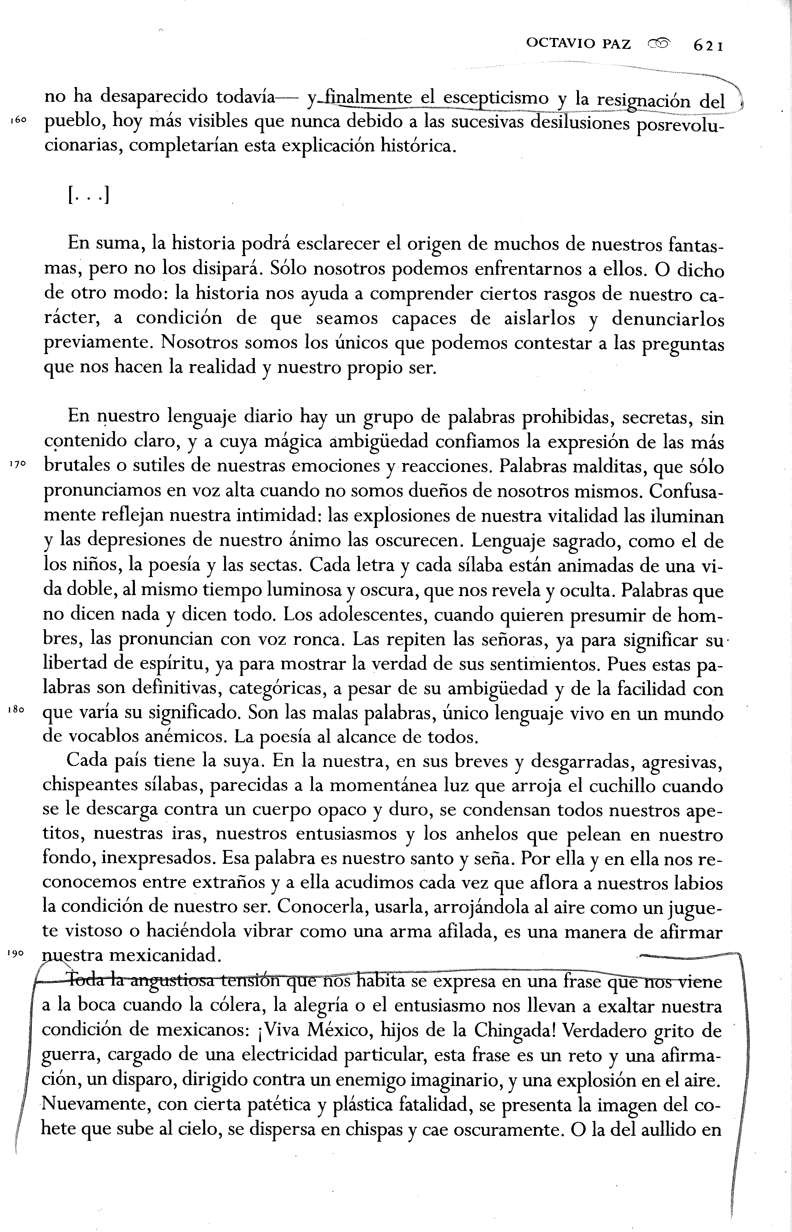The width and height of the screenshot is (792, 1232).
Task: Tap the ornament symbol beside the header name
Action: point(660,45)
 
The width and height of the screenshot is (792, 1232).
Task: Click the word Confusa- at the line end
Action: point(686,491)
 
